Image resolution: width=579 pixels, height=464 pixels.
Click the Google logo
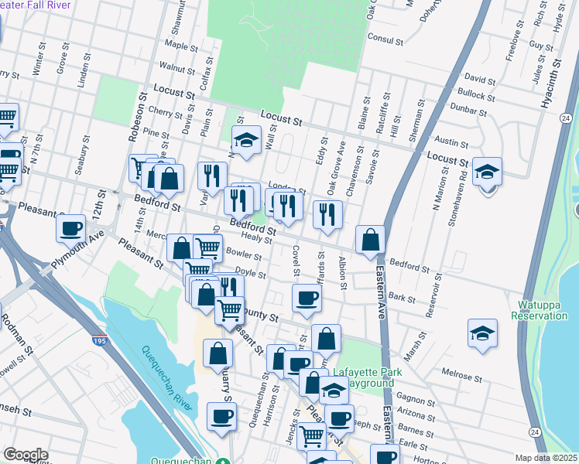click(26, 454)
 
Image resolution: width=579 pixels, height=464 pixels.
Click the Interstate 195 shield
click(99, 339)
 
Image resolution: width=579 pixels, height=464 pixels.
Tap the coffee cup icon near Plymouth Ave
click(71, 229)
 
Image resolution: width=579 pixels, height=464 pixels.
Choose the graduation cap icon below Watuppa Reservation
click(482, 334)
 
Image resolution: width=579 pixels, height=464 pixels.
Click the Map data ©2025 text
click(546, 457)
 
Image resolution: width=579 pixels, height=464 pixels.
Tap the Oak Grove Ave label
click(337, 169)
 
